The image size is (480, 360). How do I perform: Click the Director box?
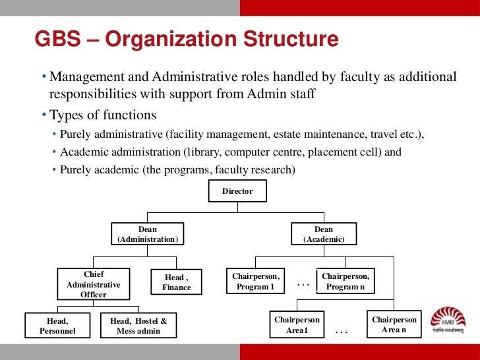[x=237, y=191]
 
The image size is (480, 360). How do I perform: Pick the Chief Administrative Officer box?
[x=94, y=284]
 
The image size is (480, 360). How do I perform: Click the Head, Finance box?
[x=177, y=283]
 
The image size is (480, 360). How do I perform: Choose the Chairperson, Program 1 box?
[x=255, y=282]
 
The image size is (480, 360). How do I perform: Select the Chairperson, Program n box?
[x=346, y=282]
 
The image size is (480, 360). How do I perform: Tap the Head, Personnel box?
[x=57, y=326]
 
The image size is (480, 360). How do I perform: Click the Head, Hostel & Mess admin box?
[x=138, y=326]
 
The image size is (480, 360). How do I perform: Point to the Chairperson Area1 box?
[x=297, y=325]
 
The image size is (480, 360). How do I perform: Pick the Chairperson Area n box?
[x=394, y=324]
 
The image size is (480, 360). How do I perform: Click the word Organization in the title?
[x=165, y=40]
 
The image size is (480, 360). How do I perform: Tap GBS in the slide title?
[x=57, y=40]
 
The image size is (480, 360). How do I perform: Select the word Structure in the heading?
[x=287, y=40]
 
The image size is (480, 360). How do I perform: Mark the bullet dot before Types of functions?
[x=44, y=116]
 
